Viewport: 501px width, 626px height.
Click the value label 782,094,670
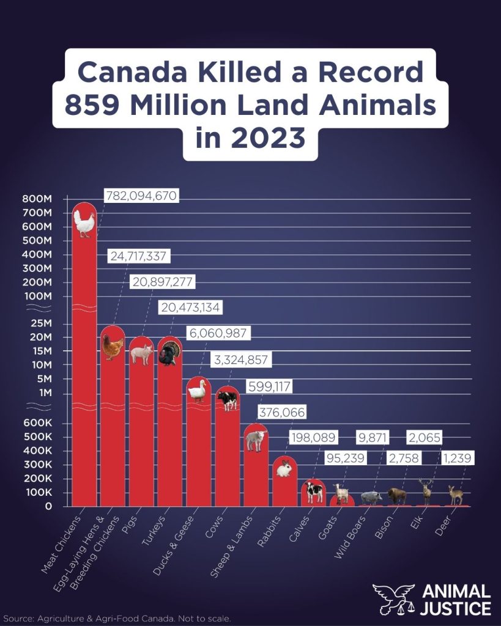tap(141, 196)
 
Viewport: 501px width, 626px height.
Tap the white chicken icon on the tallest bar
tap(85, 224)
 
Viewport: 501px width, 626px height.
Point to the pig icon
tap(141, 354)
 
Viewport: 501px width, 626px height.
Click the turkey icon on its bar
tap(169, 353)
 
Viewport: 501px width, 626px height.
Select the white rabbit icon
tap(284, 469)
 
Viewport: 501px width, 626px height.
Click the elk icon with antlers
tap(426, 492)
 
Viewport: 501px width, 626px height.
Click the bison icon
tap(396, 495)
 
